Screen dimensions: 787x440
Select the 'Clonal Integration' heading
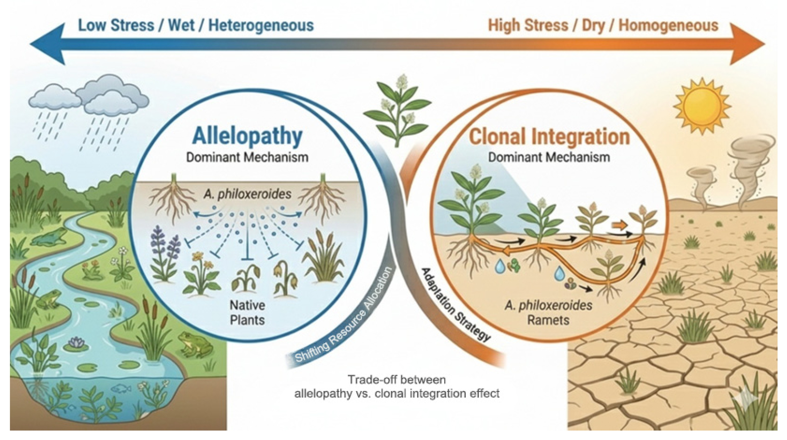click(549, 137)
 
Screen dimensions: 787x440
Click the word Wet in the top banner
click(181, 25)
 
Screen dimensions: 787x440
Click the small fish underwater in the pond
click(122, 388)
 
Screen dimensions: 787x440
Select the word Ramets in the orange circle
click(549, 320)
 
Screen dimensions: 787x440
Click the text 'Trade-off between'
click(396, 380)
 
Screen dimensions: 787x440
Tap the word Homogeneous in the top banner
click(668, 25)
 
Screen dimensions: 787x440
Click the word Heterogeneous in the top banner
click(261, 25)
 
